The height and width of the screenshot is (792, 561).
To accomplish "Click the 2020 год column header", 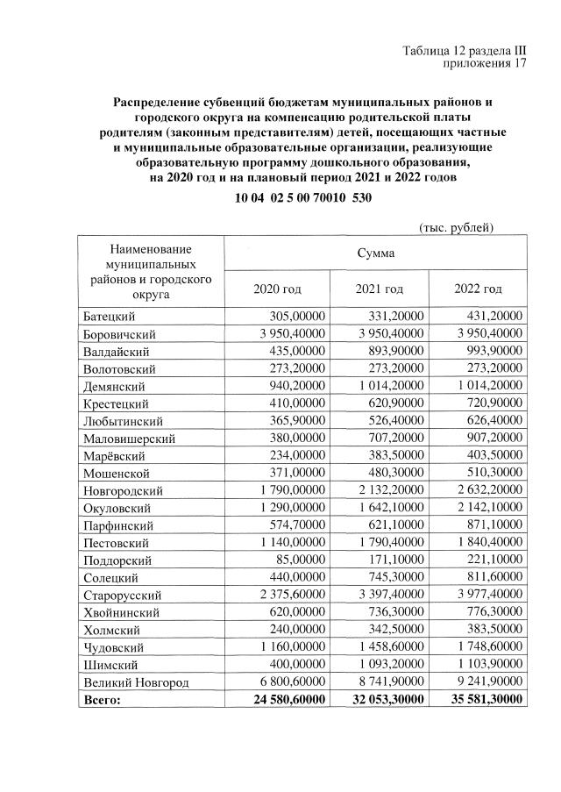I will click(x=277, y=289).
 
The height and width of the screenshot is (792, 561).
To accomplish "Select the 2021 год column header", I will click(x=379, y=289).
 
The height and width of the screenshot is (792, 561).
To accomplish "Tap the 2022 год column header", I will click(x=478, y=289).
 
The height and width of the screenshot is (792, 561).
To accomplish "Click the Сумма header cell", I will click(x=375, y=253).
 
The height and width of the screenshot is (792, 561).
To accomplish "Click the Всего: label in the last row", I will click(x=102, y=699).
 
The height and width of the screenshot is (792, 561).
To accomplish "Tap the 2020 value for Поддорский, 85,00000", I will click(x=300, y=560).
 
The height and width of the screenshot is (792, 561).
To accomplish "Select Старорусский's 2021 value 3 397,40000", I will click(x=383, y=595).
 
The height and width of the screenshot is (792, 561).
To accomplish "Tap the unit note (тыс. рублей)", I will click(x=457, y=227).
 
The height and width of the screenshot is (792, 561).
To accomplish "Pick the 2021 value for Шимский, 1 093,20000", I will click(x=383, y=664).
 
